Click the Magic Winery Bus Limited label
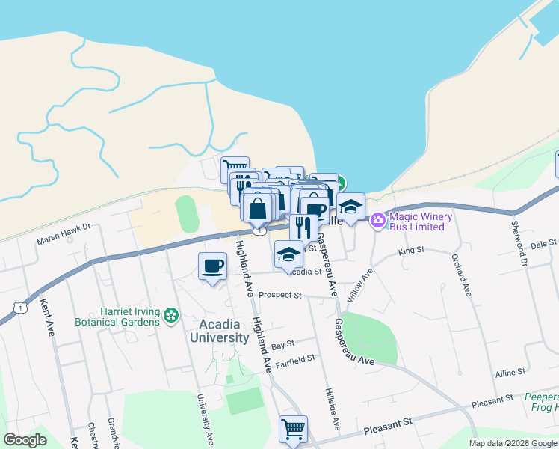coord(421,222)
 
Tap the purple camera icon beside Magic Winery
coord(377,220)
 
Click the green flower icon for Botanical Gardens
coord(172,316)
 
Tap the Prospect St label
coord(279,295)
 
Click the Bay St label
coord(283,345)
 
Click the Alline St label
coord(510,371)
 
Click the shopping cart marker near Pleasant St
coord(293,429)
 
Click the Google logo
coord(25,440)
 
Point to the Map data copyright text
coord(513,443)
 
